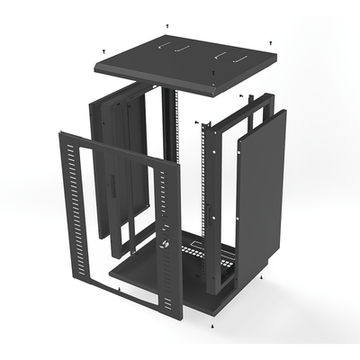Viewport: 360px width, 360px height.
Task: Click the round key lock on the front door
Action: click(x=166, y=245)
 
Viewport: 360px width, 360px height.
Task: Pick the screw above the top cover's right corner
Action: click(x=271, y=41)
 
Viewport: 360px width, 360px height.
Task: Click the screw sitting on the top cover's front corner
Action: click(x=212, y=88)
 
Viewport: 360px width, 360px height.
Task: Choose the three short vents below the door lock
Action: click(x=164, y=270)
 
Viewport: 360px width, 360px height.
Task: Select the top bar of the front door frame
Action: click(x=108, y=147)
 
